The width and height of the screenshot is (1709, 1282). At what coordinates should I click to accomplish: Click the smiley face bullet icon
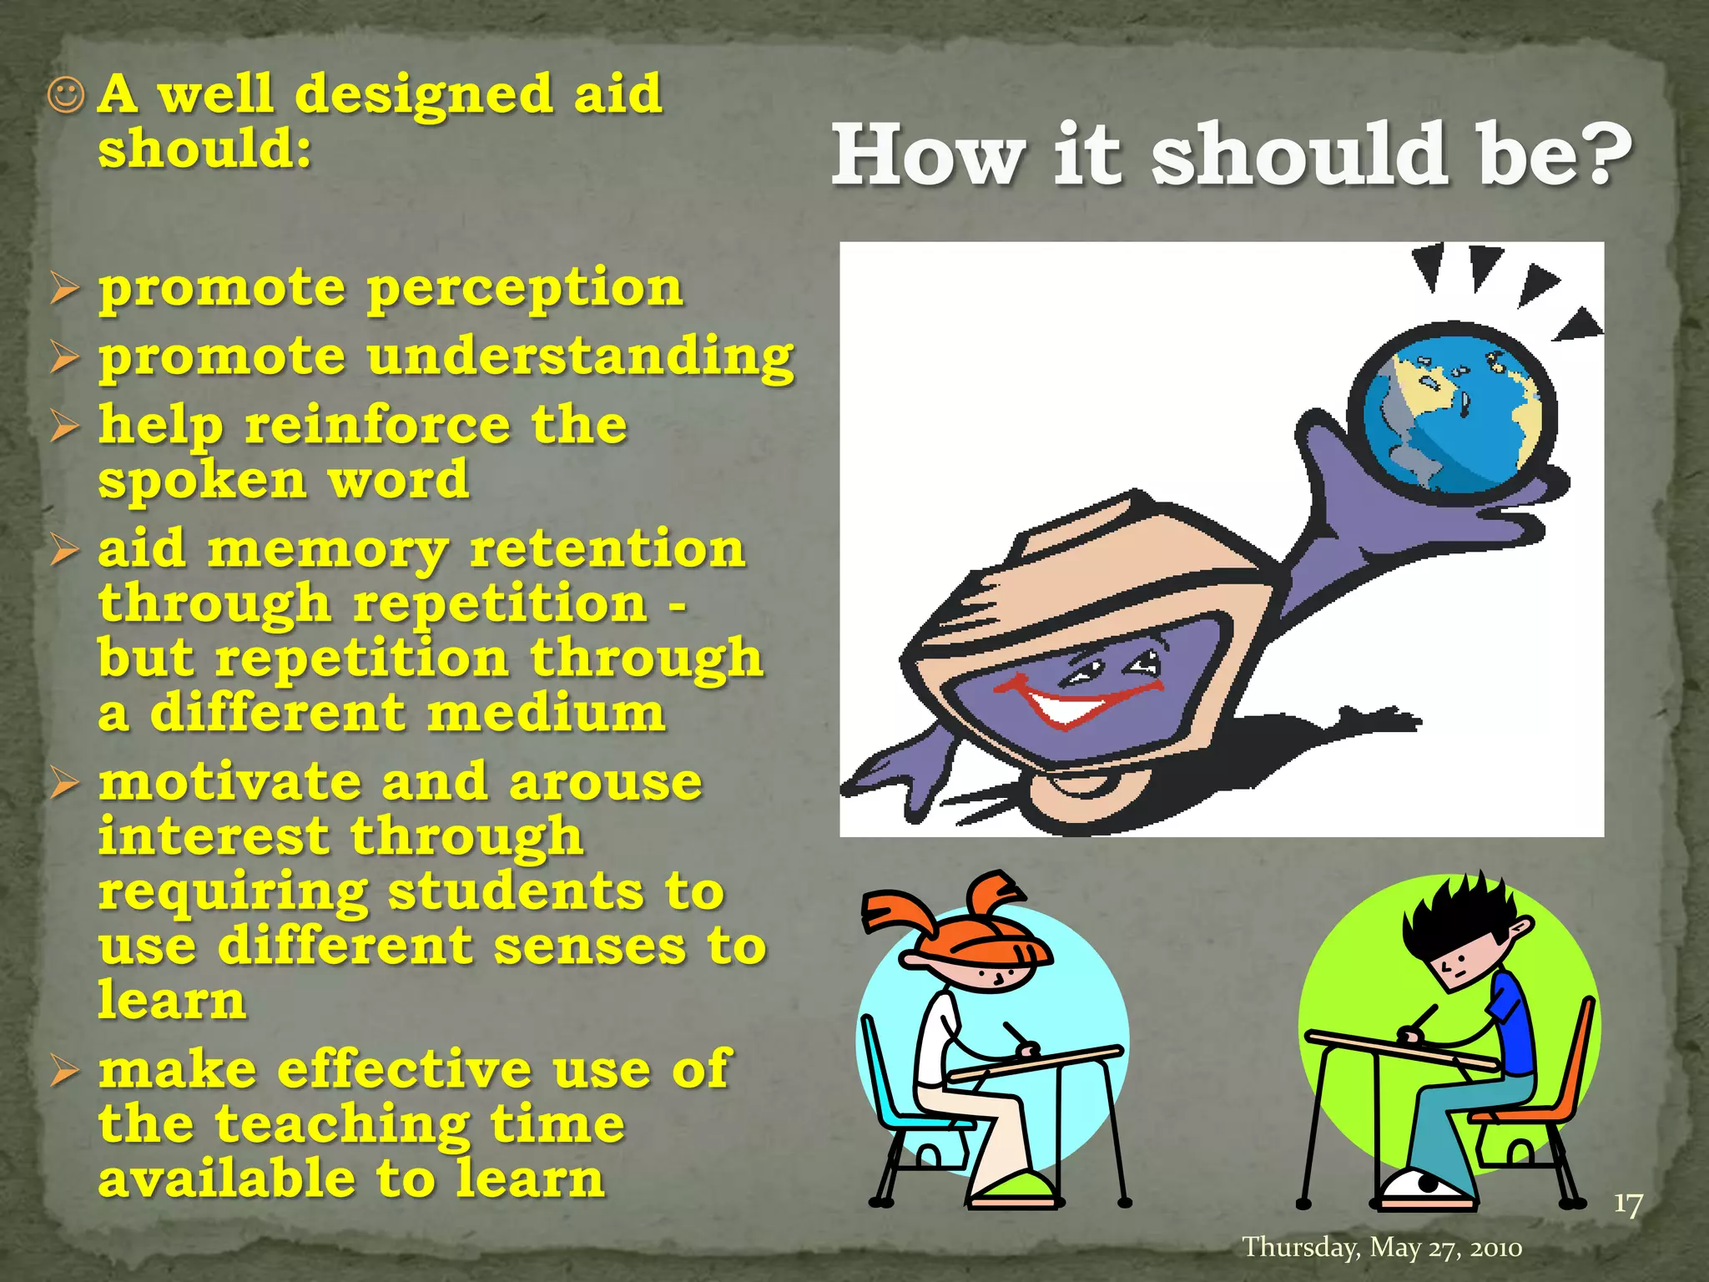coord(66,96)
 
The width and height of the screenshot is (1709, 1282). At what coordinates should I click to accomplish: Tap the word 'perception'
coord(525,288)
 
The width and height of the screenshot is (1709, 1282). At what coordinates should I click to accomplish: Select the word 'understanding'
coord(580,357)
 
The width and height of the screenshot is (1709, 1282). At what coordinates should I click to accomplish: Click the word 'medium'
coord(547,714)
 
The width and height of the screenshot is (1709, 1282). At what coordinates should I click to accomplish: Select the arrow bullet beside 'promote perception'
coord(64,289)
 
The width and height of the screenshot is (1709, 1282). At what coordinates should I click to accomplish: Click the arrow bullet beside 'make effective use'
coord(64,1070)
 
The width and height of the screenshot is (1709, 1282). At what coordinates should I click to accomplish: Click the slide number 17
coord(1627,1204)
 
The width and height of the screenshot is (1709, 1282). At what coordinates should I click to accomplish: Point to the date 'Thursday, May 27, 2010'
coord(1382,1247)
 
